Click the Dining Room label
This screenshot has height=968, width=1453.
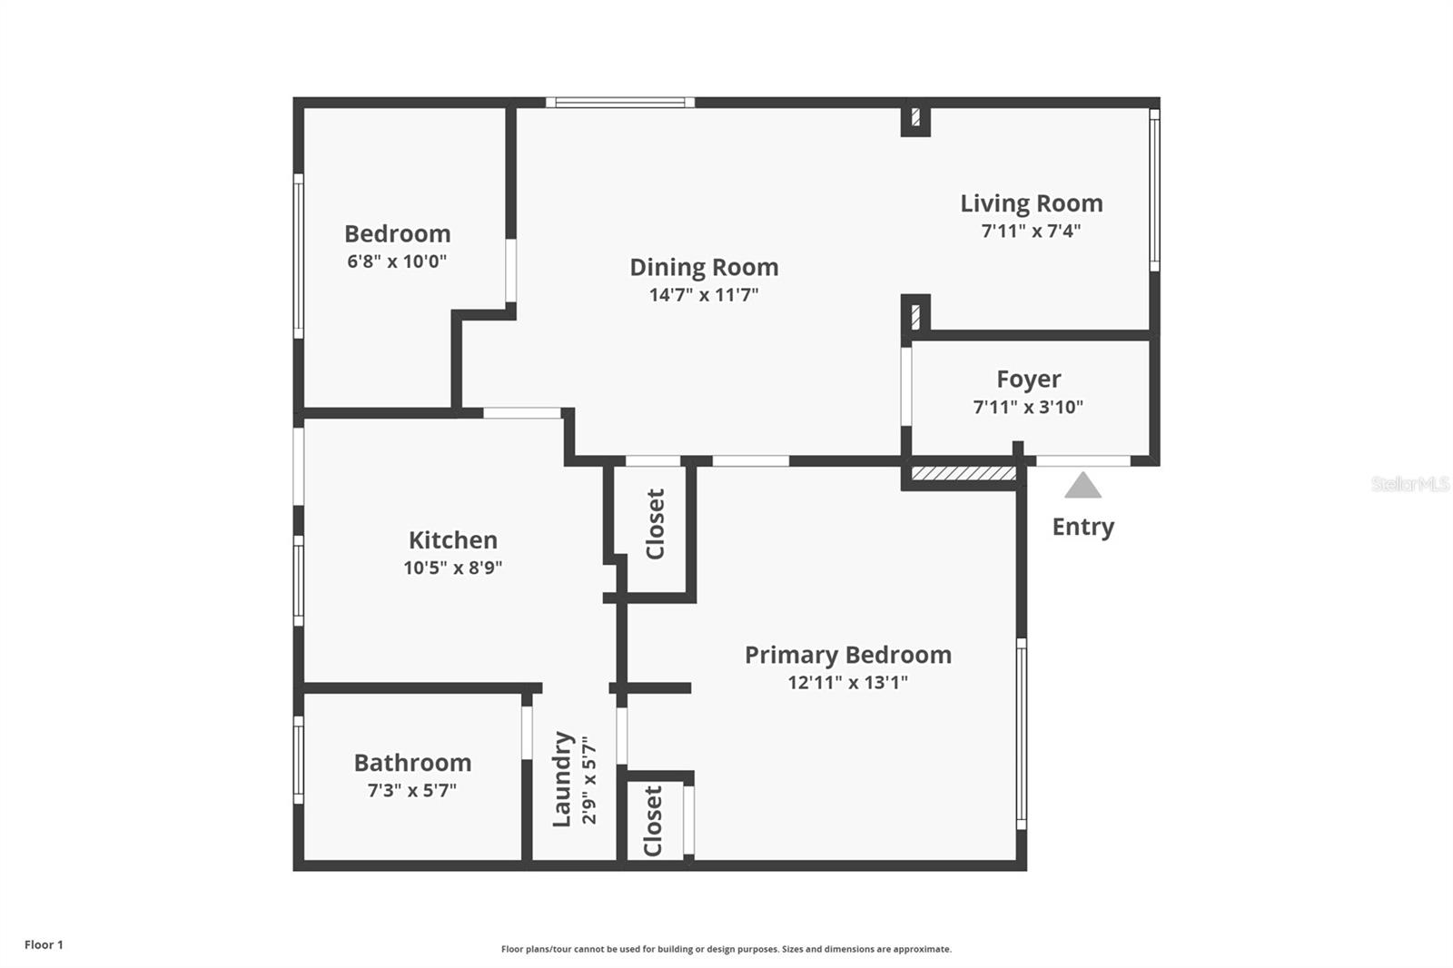click(704, 267)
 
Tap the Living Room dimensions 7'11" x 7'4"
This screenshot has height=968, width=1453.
click(1031, 231)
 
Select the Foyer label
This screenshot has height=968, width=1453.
click(1029, 379)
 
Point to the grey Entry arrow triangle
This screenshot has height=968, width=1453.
click(1082, 485)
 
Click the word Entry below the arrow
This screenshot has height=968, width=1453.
click(1082, 527)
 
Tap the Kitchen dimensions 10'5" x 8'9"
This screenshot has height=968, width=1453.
click(453, 568)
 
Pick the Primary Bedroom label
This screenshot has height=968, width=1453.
click(848, 656)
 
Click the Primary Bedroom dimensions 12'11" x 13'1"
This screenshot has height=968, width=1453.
click(848, 683)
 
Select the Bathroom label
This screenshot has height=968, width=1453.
click(412, 763)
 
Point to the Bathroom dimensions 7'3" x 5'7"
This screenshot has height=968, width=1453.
click(412, 790)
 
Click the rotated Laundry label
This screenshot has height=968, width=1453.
click(562, 779)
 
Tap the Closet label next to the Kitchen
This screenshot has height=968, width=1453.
click(655, 524)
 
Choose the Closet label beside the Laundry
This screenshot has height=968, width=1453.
click(652, 822)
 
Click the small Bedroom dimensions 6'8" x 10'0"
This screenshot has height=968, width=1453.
click(397, 262)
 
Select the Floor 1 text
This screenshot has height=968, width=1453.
click(44, 944)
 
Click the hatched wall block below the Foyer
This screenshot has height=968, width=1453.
click(964, 473)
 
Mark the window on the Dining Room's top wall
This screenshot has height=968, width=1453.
click(620, 103)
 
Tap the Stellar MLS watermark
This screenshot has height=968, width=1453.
click(1410, 484)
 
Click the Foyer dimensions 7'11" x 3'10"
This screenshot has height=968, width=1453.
click(1028, 408)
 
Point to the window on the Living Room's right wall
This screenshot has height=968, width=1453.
click(1154, 190)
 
